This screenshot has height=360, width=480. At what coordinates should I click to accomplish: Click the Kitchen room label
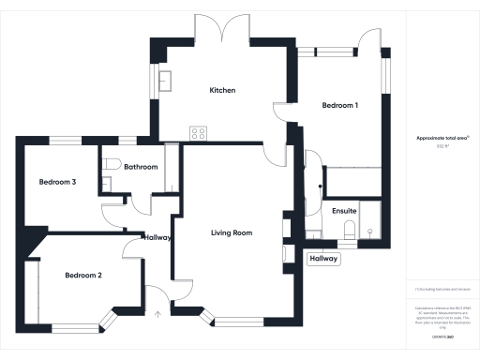coord(222,90)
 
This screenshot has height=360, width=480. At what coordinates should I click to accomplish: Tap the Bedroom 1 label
coord(339,105)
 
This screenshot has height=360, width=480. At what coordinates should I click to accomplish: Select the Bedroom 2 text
coord(83,276)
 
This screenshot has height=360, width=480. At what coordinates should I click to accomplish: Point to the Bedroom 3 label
coord(57,182)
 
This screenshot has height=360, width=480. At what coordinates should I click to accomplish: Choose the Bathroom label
coord(140,167)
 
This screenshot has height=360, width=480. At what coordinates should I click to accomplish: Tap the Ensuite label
coord(344,212)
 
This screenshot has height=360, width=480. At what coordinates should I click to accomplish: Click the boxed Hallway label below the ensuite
coord(323,259)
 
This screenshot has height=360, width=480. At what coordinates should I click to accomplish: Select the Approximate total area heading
coord(442,138)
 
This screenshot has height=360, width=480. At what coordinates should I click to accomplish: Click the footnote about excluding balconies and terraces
coord(442,290)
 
